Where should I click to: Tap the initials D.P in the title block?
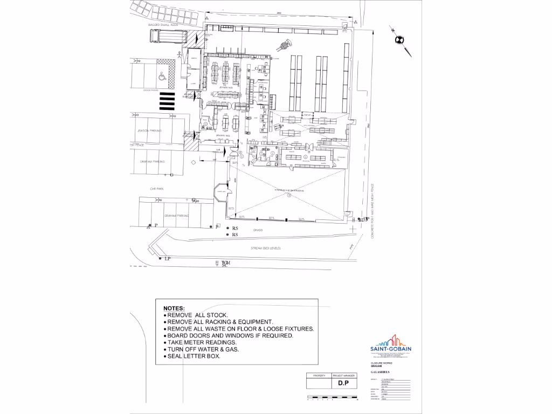click(341, 383)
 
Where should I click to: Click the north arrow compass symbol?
click(399, 39)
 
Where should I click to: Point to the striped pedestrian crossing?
click(167, 101)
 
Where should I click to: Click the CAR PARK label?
click(157, 189)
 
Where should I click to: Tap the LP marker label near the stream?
click(167, 259)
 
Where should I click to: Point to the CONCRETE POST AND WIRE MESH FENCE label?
click(373, 210)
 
